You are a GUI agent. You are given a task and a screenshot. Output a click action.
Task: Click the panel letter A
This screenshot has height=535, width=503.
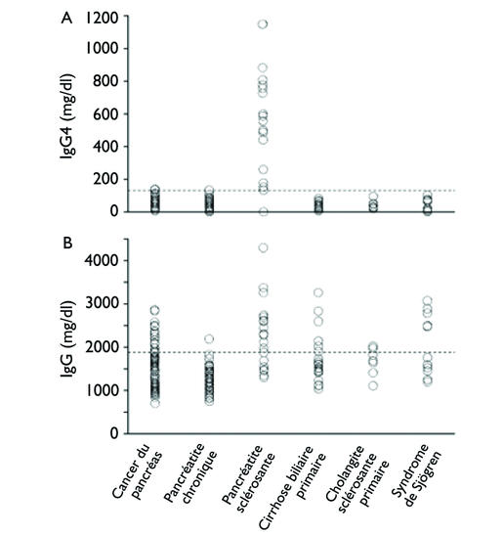point(66,19)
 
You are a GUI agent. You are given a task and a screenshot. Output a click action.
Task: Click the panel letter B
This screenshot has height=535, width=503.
point(67,244)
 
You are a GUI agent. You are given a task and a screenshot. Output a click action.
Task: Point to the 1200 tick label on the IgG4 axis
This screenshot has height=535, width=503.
point(102,18)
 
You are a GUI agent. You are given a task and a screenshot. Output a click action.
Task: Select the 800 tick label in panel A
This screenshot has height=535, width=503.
point(105,81)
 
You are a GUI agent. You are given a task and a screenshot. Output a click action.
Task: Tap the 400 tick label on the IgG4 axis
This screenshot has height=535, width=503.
point(105,147)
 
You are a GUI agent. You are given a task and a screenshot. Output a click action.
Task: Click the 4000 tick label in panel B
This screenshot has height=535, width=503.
point(102,260)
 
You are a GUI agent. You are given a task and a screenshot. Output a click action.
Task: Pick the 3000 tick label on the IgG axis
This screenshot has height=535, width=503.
point(102,303)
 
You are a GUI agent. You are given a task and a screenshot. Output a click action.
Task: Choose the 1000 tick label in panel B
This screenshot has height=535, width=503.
point(102,390)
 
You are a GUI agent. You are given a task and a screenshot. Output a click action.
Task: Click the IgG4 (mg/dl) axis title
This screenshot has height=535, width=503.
point(67,116)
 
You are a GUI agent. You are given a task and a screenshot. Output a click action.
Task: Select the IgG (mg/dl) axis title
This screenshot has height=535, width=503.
point(67,338)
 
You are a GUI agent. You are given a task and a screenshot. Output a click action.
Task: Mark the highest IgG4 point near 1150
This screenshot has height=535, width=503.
point(263,23)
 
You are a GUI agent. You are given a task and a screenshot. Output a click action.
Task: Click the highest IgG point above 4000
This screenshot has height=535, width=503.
point(263,247)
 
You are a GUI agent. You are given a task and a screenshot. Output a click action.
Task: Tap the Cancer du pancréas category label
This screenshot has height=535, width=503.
point(137,471)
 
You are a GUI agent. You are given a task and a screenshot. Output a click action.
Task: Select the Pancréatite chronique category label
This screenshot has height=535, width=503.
point(191,473)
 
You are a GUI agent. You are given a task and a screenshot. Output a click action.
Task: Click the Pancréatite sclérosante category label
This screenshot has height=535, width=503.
point(249,473)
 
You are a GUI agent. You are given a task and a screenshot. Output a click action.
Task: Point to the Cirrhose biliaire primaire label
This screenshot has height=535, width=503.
point(293,488)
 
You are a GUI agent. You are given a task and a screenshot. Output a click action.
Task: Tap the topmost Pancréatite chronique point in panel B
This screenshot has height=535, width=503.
point(209,338)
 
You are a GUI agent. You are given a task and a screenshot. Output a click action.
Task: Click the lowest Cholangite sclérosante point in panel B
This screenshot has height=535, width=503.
point(373,386)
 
